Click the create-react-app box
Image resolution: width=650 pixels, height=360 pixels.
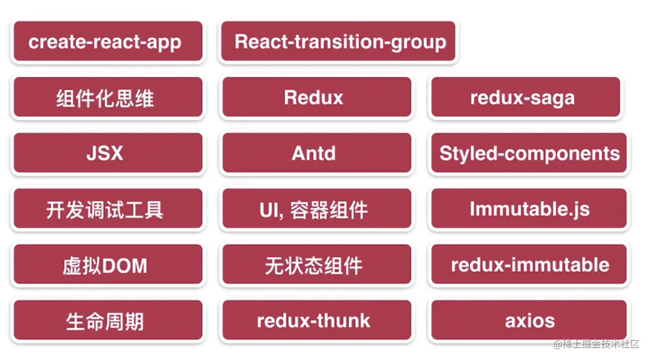[x=108, y=41]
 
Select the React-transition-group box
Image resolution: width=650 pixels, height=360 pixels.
[x=338, y=41]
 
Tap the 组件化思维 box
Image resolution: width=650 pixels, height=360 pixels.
[x=108, y=97]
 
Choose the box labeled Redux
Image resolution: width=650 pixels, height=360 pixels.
[x=317, y=97]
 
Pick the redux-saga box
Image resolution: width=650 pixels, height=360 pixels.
[x=525, y=97]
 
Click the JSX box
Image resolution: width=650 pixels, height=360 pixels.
[x=108, y=153]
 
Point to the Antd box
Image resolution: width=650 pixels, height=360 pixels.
[x=317, y=153]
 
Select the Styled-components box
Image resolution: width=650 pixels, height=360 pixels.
[x=529, y=153]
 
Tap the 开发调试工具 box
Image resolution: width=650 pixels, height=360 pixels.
[x=108, y=208]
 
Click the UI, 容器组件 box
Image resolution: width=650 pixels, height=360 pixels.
[x=317, y=208]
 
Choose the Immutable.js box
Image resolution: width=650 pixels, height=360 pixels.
[x=529, y=208]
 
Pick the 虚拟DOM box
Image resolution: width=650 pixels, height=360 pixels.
[x=108, y=264]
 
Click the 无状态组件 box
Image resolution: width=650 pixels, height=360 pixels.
[x=317, y=264]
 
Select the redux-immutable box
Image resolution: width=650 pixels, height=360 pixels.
[x=529, y=264]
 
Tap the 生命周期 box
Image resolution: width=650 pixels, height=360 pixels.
[x=108, y=320]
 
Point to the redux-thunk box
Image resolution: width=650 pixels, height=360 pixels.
[x=317, y=320]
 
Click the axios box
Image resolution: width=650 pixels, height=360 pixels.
[x=529, y=320]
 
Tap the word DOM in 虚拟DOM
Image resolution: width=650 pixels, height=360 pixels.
[x=125, y=265]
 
